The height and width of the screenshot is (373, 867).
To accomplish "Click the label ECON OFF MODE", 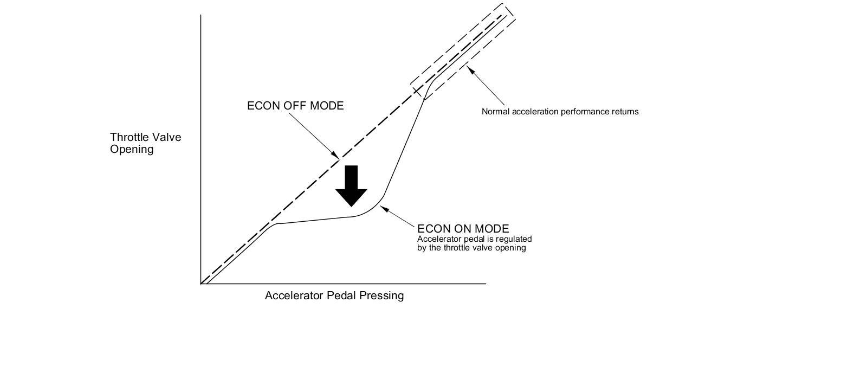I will click(x=295, y=106).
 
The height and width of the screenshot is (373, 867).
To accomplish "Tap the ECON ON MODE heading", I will click(x=463, y=229).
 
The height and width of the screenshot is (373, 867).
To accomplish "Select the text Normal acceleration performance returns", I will click(x=560, y=112).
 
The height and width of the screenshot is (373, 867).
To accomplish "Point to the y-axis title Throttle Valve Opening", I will click(x=145, y=143).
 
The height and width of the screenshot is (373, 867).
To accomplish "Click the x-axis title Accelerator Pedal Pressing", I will click(x=334, y=295).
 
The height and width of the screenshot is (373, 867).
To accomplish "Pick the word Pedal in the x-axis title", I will click(x=341, y=295).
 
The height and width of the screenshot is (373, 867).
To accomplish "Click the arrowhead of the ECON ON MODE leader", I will click(x=383, y=207).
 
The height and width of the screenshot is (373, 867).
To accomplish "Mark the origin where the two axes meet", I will click(x=201, y=283).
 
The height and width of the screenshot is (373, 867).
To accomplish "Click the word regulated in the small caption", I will click(x=514, y=239).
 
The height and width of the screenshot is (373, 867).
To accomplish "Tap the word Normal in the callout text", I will click(x=494, y=112).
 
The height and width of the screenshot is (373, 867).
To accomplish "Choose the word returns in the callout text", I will click(x=626, y=112).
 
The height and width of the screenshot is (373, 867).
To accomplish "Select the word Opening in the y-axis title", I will click(x=132, y=149).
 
